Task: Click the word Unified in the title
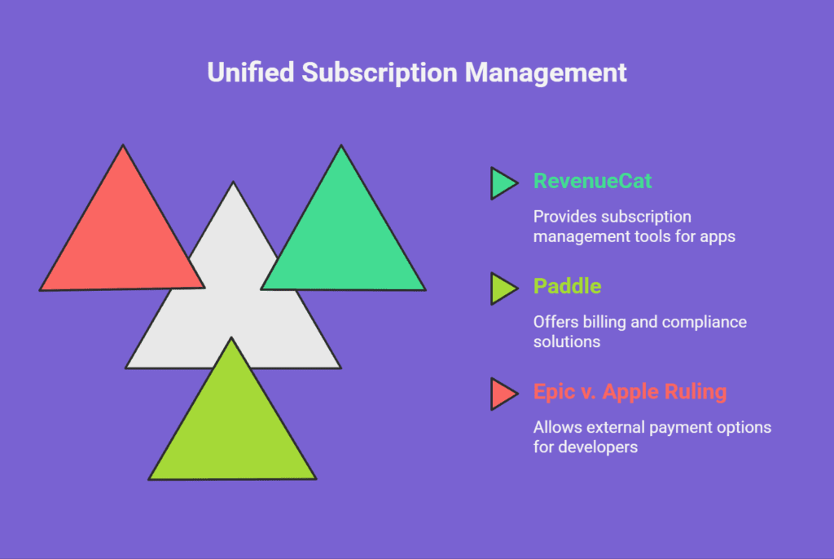(x=251, y=73)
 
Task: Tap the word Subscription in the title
(x=380, y=73)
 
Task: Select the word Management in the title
(x=546, y=73)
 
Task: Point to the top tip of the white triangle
(x=233, y=182)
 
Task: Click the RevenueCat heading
(x=593, y=181)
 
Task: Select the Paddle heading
(x=568, y=286)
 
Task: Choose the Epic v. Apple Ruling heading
(x=630, y=392)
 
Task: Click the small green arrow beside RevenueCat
(x=503, y=183)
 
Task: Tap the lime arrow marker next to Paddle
(x=503, y=288)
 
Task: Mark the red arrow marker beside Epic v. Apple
(x=503, y=394)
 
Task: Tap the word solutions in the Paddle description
(x=567, y=341)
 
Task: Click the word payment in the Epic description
(x=681, y=429)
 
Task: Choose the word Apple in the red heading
(x=631, y=393)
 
